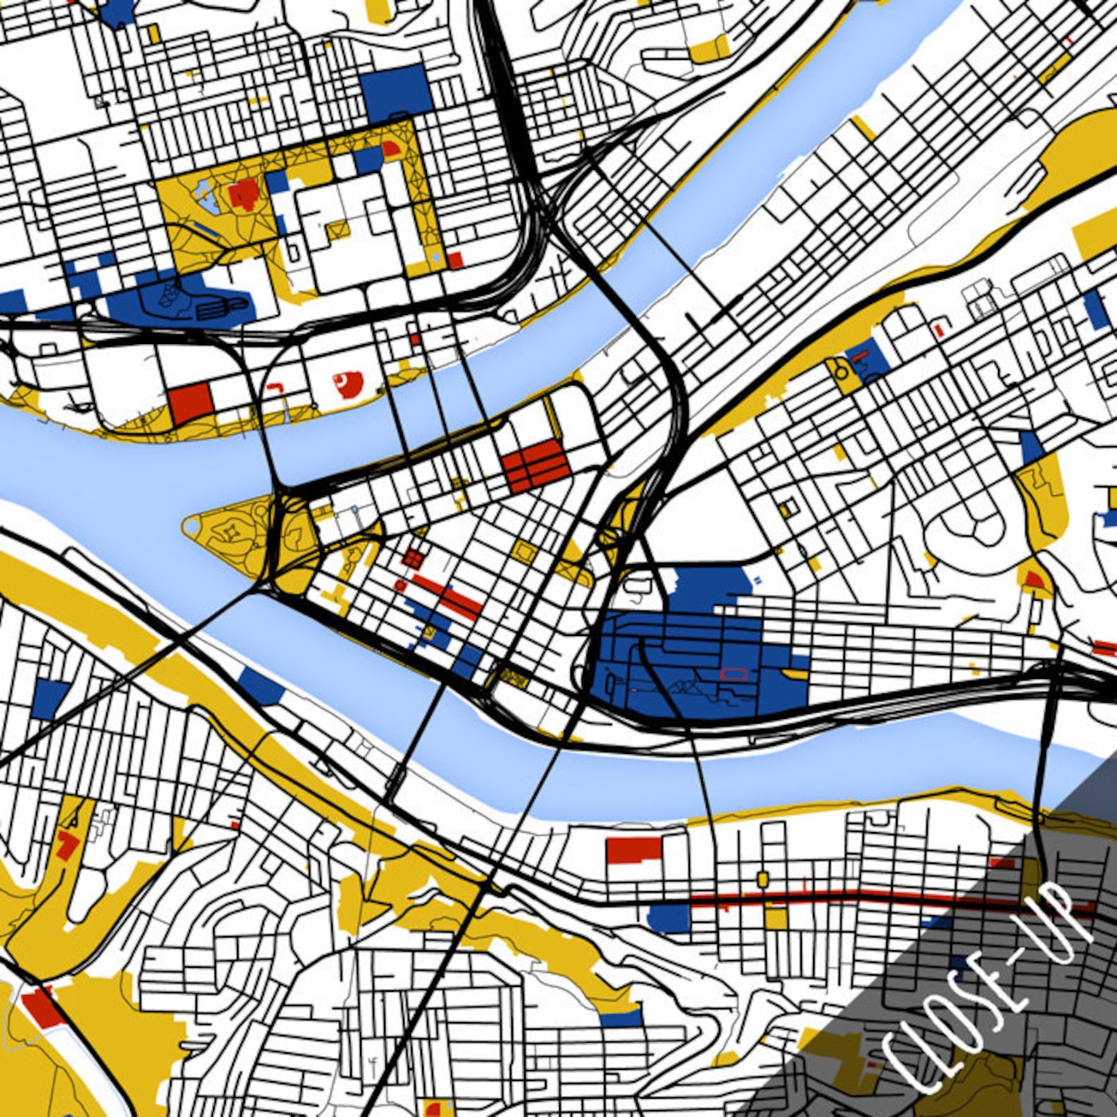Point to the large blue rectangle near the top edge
[x=395, y=94]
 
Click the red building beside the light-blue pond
[x=243, y=193]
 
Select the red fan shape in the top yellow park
[x=390, y=148]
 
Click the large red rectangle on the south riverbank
[x=634, y=850]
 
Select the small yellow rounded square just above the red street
[x=762, y=879]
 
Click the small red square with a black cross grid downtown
[x=413, y=558]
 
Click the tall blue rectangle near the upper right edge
[x=1094, y=309]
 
